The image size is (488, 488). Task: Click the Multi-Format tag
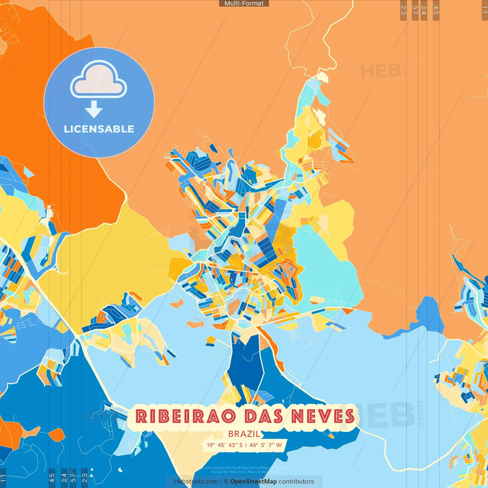(244, 3)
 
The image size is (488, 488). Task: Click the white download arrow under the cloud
(94, 109)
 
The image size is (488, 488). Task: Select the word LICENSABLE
(99, 129)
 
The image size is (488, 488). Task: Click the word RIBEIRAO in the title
(185, 416)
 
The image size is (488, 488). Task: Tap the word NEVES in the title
(323, 416)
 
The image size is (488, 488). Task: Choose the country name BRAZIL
(244, 434)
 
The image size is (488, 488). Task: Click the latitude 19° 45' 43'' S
(225, 445)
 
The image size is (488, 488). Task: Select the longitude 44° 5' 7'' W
(266, 445)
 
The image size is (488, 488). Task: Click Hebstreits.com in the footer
(196, 482)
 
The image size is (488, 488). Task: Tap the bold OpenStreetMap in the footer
(254, 482)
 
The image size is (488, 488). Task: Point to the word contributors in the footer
(296, 482)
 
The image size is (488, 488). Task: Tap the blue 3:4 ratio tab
(64, 478)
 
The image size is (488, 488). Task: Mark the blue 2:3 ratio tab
(85, 478)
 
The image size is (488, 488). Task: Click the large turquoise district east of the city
(324, 267)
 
